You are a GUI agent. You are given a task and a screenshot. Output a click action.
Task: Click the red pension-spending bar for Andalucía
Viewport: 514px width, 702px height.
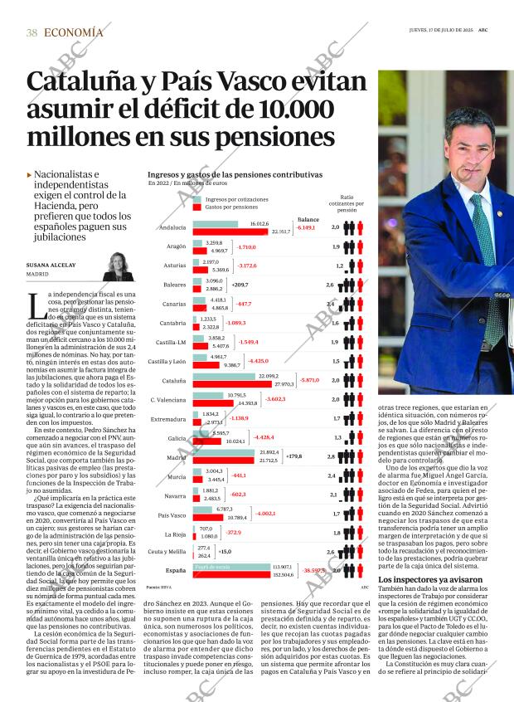coord(240,232)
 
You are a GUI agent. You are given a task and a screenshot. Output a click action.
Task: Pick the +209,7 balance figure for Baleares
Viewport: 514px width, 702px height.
coord(241,285)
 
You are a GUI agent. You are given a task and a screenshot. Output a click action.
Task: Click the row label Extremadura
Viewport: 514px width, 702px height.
coord(168,419)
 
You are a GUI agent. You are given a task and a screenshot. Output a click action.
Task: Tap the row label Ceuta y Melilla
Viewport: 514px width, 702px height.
coord(167,552)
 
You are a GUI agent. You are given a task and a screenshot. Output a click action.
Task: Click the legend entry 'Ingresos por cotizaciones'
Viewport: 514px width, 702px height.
coord(236,200)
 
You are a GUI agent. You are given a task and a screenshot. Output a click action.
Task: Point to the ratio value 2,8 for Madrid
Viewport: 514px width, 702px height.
coord(332,457)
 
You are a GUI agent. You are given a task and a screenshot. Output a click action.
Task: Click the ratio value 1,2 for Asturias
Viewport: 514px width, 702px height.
coord(339,266)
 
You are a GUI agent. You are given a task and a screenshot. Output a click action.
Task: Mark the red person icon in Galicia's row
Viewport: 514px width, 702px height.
coord(349,438)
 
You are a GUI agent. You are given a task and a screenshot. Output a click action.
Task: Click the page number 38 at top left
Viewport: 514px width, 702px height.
coord(32,32)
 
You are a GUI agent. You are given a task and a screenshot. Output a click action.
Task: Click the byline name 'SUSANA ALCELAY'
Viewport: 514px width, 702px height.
coord(51,265)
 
